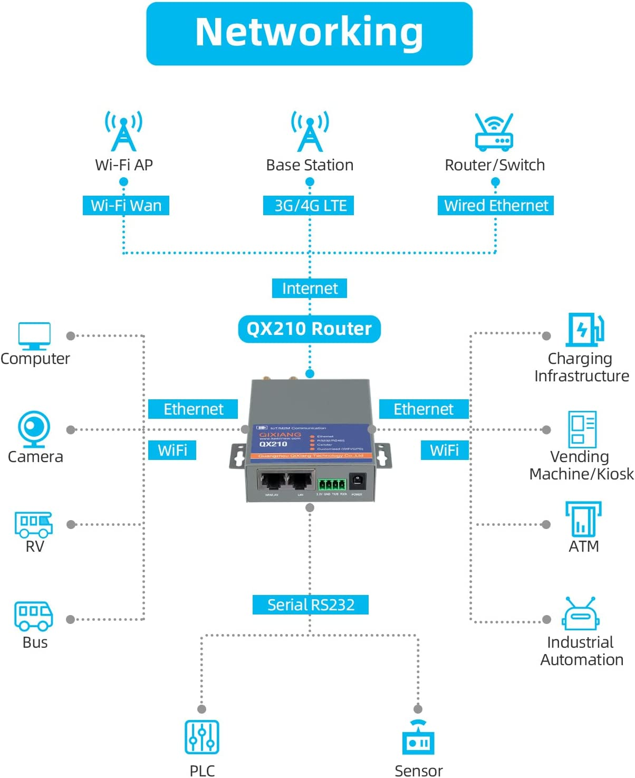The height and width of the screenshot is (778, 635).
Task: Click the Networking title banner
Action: pos(309,33)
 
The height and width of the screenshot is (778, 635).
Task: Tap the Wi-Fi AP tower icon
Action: pos(123,131)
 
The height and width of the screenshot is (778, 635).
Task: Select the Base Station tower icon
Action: pos(310,131)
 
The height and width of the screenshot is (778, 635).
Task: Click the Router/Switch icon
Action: pos(494,132)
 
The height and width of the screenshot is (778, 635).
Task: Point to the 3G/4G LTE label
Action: pos(309,205)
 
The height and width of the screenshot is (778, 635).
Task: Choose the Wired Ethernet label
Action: pos(495,205)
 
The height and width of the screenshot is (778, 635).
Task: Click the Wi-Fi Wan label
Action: pos(126,205)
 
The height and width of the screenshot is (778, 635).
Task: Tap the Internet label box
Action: pos(310,289)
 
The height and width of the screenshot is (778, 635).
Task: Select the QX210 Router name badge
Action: pos(310,329)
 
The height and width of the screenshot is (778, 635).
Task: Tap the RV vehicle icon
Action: pos(34,524)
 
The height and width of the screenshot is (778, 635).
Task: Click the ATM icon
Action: pos(583,518)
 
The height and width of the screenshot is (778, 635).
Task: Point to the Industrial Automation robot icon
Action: pos(580,614)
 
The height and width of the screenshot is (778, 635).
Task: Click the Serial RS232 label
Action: pos(310,604)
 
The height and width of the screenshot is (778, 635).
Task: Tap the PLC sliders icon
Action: pos(202,737)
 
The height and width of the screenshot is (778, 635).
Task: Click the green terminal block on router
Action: pos(331,484)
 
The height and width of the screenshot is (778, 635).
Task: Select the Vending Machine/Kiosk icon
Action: pos(582,429)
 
